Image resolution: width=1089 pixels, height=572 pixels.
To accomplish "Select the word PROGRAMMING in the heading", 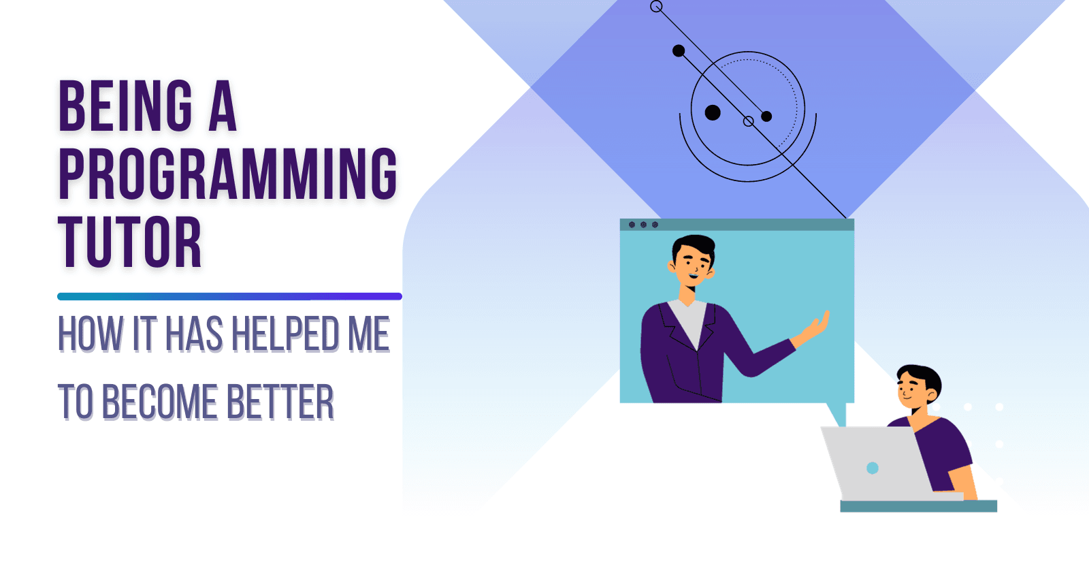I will [x=228, y=174].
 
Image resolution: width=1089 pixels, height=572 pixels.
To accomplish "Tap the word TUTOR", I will [x=130, y=242].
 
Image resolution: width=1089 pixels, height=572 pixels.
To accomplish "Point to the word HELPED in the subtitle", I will [x=285, y=334].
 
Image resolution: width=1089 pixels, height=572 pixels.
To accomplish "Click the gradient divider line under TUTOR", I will [x=229, y=296].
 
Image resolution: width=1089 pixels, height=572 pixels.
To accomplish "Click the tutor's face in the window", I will [x=693, y=264].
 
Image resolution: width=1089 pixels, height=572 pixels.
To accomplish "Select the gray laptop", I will [x=875, y=463].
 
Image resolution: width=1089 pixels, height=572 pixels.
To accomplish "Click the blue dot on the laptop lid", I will [x=873, y=468].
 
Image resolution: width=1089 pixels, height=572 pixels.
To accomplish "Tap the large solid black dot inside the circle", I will [x=713, y=112].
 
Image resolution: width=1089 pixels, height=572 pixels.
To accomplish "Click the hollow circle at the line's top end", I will [x=656, y=7].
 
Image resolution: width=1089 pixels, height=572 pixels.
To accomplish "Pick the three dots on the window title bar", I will [x=643, y=225].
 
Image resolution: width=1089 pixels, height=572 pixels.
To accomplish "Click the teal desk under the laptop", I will [x=918, y=506].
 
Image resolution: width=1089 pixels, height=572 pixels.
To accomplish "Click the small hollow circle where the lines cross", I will [x=749, y=121].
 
